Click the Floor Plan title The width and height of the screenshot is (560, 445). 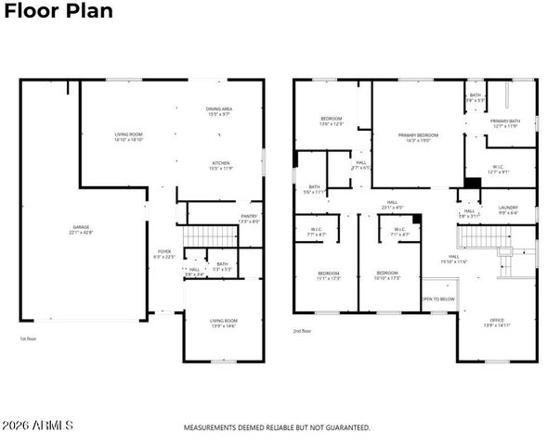(57, 11)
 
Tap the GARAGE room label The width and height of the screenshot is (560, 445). (81, 227)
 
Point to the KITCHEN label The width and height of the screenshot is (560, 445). (219, 164)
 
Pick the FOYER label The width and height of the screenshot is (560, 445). (163, 251)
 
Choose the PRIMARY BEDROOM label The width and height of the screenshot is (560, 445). (418, 135)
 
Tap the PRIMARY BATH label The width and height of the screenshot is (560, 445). (505, 121)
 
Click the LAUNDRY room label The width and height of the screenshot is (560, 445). (507, 209)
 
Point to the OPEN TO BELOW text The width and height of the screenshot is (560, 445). (438, 299)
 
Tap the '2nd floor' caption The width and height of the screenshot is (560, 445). (304, 330)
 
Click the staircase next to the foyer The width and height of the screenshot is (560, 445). (193, 243)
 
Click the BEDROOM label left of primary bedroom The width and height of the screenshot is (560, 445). (332, 120)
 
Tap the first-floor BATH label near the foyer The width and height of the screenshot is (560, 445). (221, 265)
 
